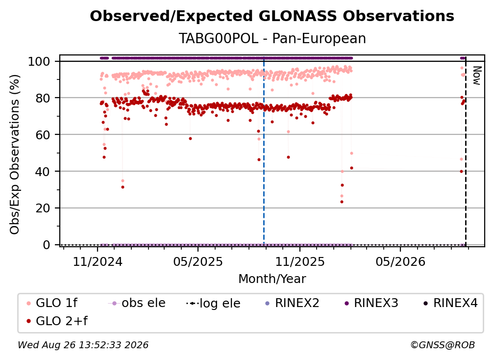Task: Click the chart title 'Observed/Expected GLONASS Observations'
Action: pos(272,16)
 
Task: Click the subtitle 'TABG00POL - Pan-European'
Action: pos(272,38)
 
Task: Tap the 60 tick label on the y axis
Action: pos(43,134)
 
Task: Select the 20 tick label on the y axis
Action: pos(43,208)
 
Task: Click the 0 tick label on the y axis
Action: pos(47,245)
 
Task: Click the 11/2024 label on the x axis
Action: pos(98,261)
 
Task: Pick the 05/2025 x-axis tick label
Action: pos(198,261)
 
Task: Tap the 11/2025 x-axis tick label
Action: pos(300,261)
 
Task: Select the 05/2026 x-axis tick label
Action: pos(400,261)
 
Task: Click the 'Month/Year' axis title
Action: pos(272,279)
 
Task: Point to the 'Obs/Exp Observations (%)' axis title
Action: pos(15,154)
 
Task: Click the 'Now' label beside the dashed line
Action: pos(477,76)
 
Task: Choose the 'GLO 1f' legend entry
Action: pos(52,303)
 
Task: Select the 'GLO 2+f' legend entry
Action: pos(57,321)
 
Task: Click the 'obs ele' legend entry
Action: pos(137,303)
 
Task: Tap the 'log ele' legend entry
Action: pos(213,303)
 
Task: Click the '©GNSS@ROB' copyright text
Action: pos(443,345)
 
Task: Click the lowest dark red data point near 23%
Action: pos(342,202)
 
